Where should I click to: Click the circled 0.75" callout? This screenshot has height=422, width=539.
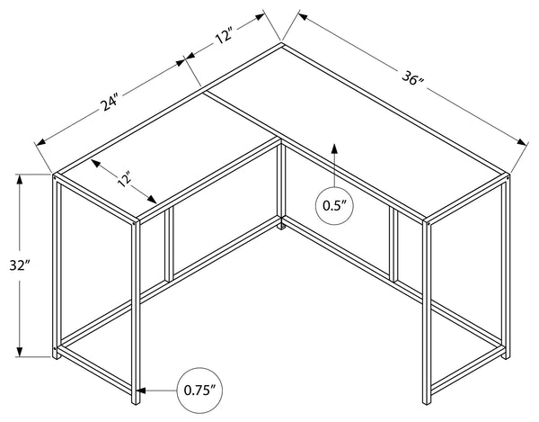click(199, 391)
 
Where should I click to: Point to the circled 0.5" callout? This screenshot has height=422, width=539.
click(334, 206)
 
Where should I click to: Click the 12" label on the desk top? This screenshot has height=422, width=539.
click(124, 179)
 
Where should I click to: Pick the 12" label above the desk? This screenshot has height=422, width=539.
click(225, 36)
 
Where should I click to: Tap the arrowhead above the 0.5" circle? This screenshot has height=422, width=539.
click(334, 148)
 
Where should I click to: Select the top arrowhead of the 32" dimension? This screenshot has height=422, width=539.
click(20, 180)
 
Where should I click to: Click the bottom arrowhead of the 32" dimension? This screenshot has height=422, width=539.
click(20, 351)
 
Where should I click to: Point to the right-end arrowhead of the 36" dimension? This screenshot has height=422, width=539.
click(522, 142)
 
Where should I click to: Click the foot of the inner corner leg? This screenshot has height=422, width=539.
click(281, 227)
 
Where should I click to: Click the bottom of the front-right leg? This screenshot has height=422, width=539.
click(427, 401)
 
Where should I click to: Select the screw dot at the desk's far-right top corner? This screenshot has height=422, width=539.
click(508, 178)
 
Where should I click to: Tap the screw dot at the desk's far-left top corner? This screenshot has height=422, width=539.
click(55, 178)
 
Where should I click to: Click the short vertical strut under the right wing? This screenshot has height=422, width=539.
click(393, 245)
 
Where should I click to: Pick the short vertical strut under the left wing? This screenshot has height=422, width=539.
click(169, 245)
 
